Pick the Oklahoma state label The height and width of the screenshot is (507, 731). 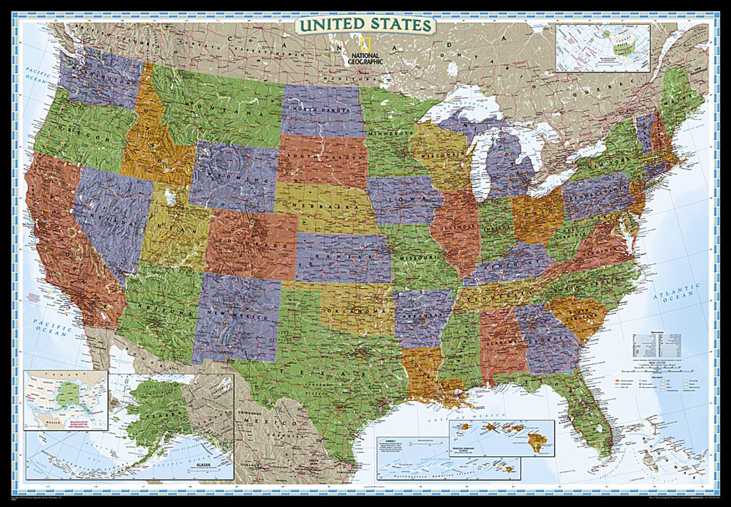356,311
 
